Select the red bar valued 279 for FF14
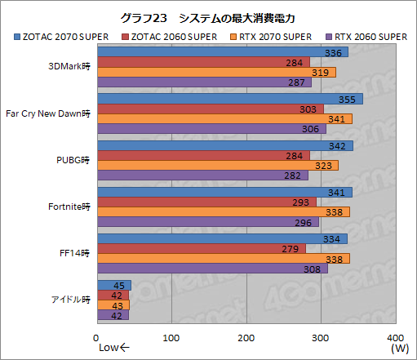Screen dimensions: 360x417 point(202,248)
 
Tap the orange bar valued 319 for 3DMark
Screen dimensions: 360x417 point(216,72)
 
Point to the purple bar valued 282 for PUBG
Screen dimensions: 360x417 point(202,175)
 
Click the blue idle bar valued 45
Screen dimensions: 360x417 point(114,285)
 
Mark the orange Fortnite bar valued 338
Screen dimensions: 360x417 point(223,211)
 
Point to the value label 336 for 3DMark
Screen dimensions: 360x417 point(332,52)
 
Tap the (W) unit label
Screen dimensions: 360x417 point(399,349)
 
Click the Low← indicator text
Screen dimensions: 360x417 point(113,349)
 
